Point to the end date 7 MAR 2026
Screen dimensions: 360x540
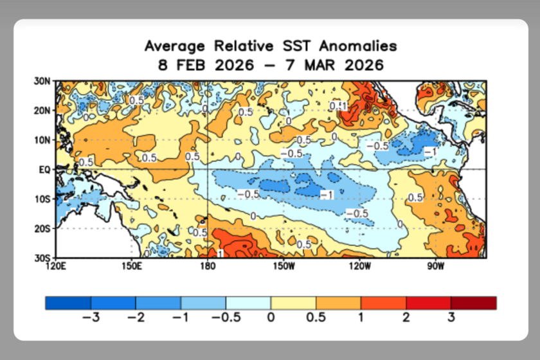click(334, 65)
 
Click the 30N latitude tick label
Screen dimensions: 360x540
click(43, 82)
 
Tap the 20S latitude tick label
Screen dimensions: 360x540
click(43, 228)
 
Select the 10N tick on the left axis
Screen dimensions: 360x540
click(43, 140)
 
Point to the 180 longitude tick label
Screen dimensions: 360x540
click(207, 266)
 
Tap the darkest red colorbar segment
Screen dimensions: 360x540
click(474, 303)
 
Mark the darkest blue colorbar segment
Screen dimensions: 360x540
click(68, 303)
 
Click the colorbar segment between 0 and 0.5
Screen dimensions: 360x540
click(293, 303)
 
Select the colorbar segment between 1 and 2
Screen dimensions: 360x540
click(383, 303)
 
